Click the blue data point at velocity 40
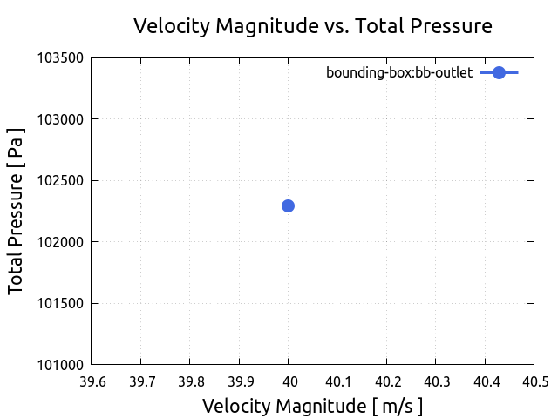tap(288, 206)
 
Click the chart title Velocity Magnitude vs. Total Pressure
tap(312, 26)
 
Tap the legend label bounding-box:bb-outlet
tap(399, 73)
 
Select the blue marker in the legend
tap(499, 73)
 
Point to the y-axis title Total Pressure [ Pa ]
tap(16, 212)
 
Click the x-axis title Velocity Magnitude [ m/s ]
tap(312, 406)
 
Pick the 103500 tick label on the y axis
tap(61, 58)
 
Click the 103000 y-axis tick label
tap(61, 119)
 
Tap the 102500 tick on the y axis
tap(61, 181)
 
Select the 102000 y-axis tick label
tap(61, 242)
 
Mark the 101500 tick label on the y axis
tap(61, 304)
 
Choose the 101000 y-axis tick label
tap(61, 365)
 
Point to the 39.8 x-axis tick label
tap(190, 381)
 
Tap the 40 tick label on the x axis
tap(289, 381)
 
